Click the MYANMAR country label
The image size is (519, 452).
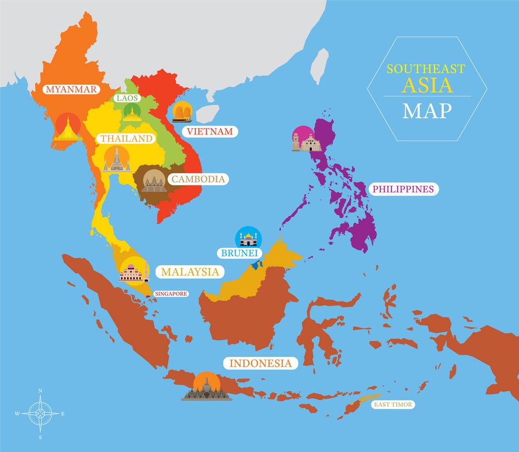[71, 89]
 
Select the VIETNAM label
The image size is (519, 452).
[210, 131]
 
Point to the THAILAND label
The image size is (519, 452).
[127, 139]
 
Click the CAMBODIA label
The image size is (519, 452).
[198, 180]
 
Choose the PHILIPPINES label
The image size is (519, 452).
[403, 189]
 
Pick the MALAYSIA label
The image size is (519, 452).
[189, 271]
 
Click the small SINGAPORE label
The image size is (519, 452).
[171, 294]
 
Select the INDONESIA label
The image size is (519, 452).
[260, 363]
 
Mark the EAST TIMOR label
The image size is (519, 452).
[392, 404]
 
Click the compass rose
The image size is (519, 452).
[40, 414]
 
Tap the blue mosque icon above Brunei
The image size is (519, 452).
[249, 239]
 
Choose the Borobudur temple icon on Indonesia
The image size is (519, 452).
[206, 388]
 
